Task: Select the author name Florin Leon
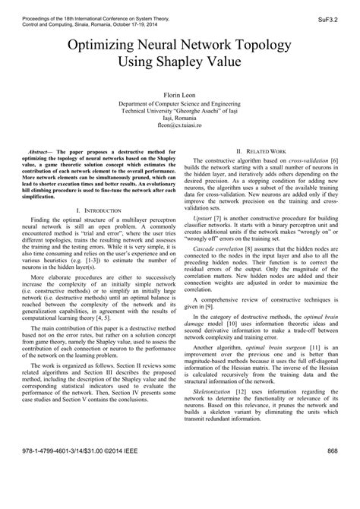(180, 95)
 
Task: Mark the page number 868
(331, 493)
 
